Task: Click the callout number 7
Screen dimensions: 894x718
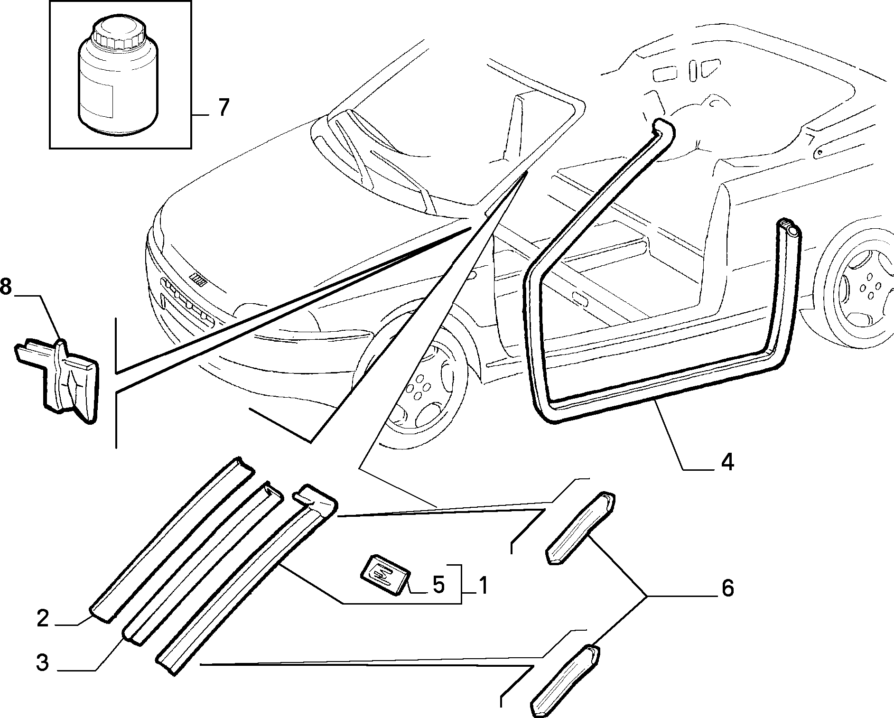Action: (x=223, y=108)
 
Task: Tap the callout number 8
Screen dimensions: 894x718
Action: (x=5, y=288)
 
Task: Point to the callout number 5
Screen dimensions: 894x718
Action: (x=438, y=585)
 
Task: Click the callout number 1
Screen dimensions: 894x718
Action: (x=483, y=585)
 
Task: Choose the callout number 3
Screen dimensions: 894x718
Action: (x=43, y=662)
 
